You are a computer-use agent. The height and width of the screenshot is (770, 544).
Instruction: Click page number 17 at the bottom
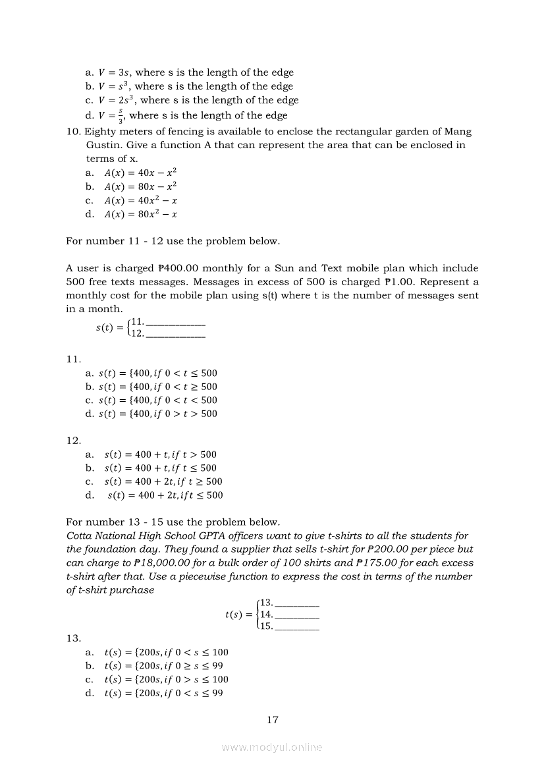tap(273, 719)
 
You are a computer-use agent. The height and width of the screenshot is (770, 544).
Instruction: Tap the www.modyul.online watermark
tap(272, 747)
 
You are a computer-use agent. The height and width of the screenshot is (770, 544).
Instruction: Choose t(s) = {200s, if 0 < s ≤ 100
tap(166, 652)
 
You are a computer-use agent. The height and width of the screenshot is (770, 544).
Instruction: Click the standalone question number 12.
tap(73, 440)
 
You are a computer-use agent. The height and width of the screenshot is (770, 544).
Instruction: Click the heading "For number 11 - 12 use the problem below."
tap(173, 241)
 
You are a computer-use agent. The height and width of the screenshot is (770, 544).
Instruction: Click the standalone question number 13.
tap(73, 638)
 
